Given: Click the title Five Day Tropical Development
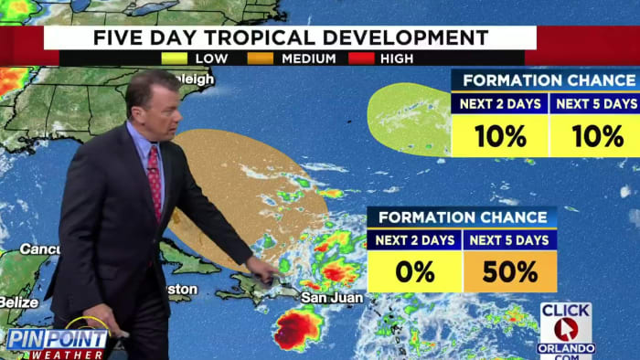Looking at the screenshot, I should (x=290, y=37).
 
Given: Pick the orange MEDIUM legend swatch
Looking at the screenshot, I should (x=260, y=58).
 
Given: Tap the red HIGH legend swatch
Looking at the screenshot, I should (x=358, y=58).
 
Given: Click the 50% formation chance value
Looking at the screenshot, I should (x=510, y=272).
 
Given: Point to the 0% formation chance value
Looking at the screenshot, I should (x=414, y=272).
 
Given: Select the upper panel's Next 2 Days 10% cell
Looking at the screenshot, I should (x=499, y=136).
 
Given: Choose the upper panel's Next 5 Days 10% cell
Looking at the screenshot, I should (x=594, y=136).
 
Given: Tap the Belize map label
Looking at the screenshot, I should (x=18, y=302).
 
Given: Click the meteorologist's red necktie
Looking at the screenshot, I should (x=155, y=183).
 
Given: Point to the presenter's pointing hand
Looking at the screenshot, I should (x=262, y=271).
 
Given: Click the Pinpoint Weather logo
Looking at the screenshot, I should (x=57, y=342).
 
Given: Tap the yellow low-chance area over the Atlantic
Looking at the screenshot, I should (x=409, y=119).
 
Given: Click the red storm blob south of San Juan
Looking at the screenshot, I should (x=297, y=330).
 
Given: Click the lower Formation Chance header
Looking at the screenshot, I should (x=462, y=217).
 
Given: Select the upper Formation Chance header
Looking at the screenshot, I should (x=545, y=80).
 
